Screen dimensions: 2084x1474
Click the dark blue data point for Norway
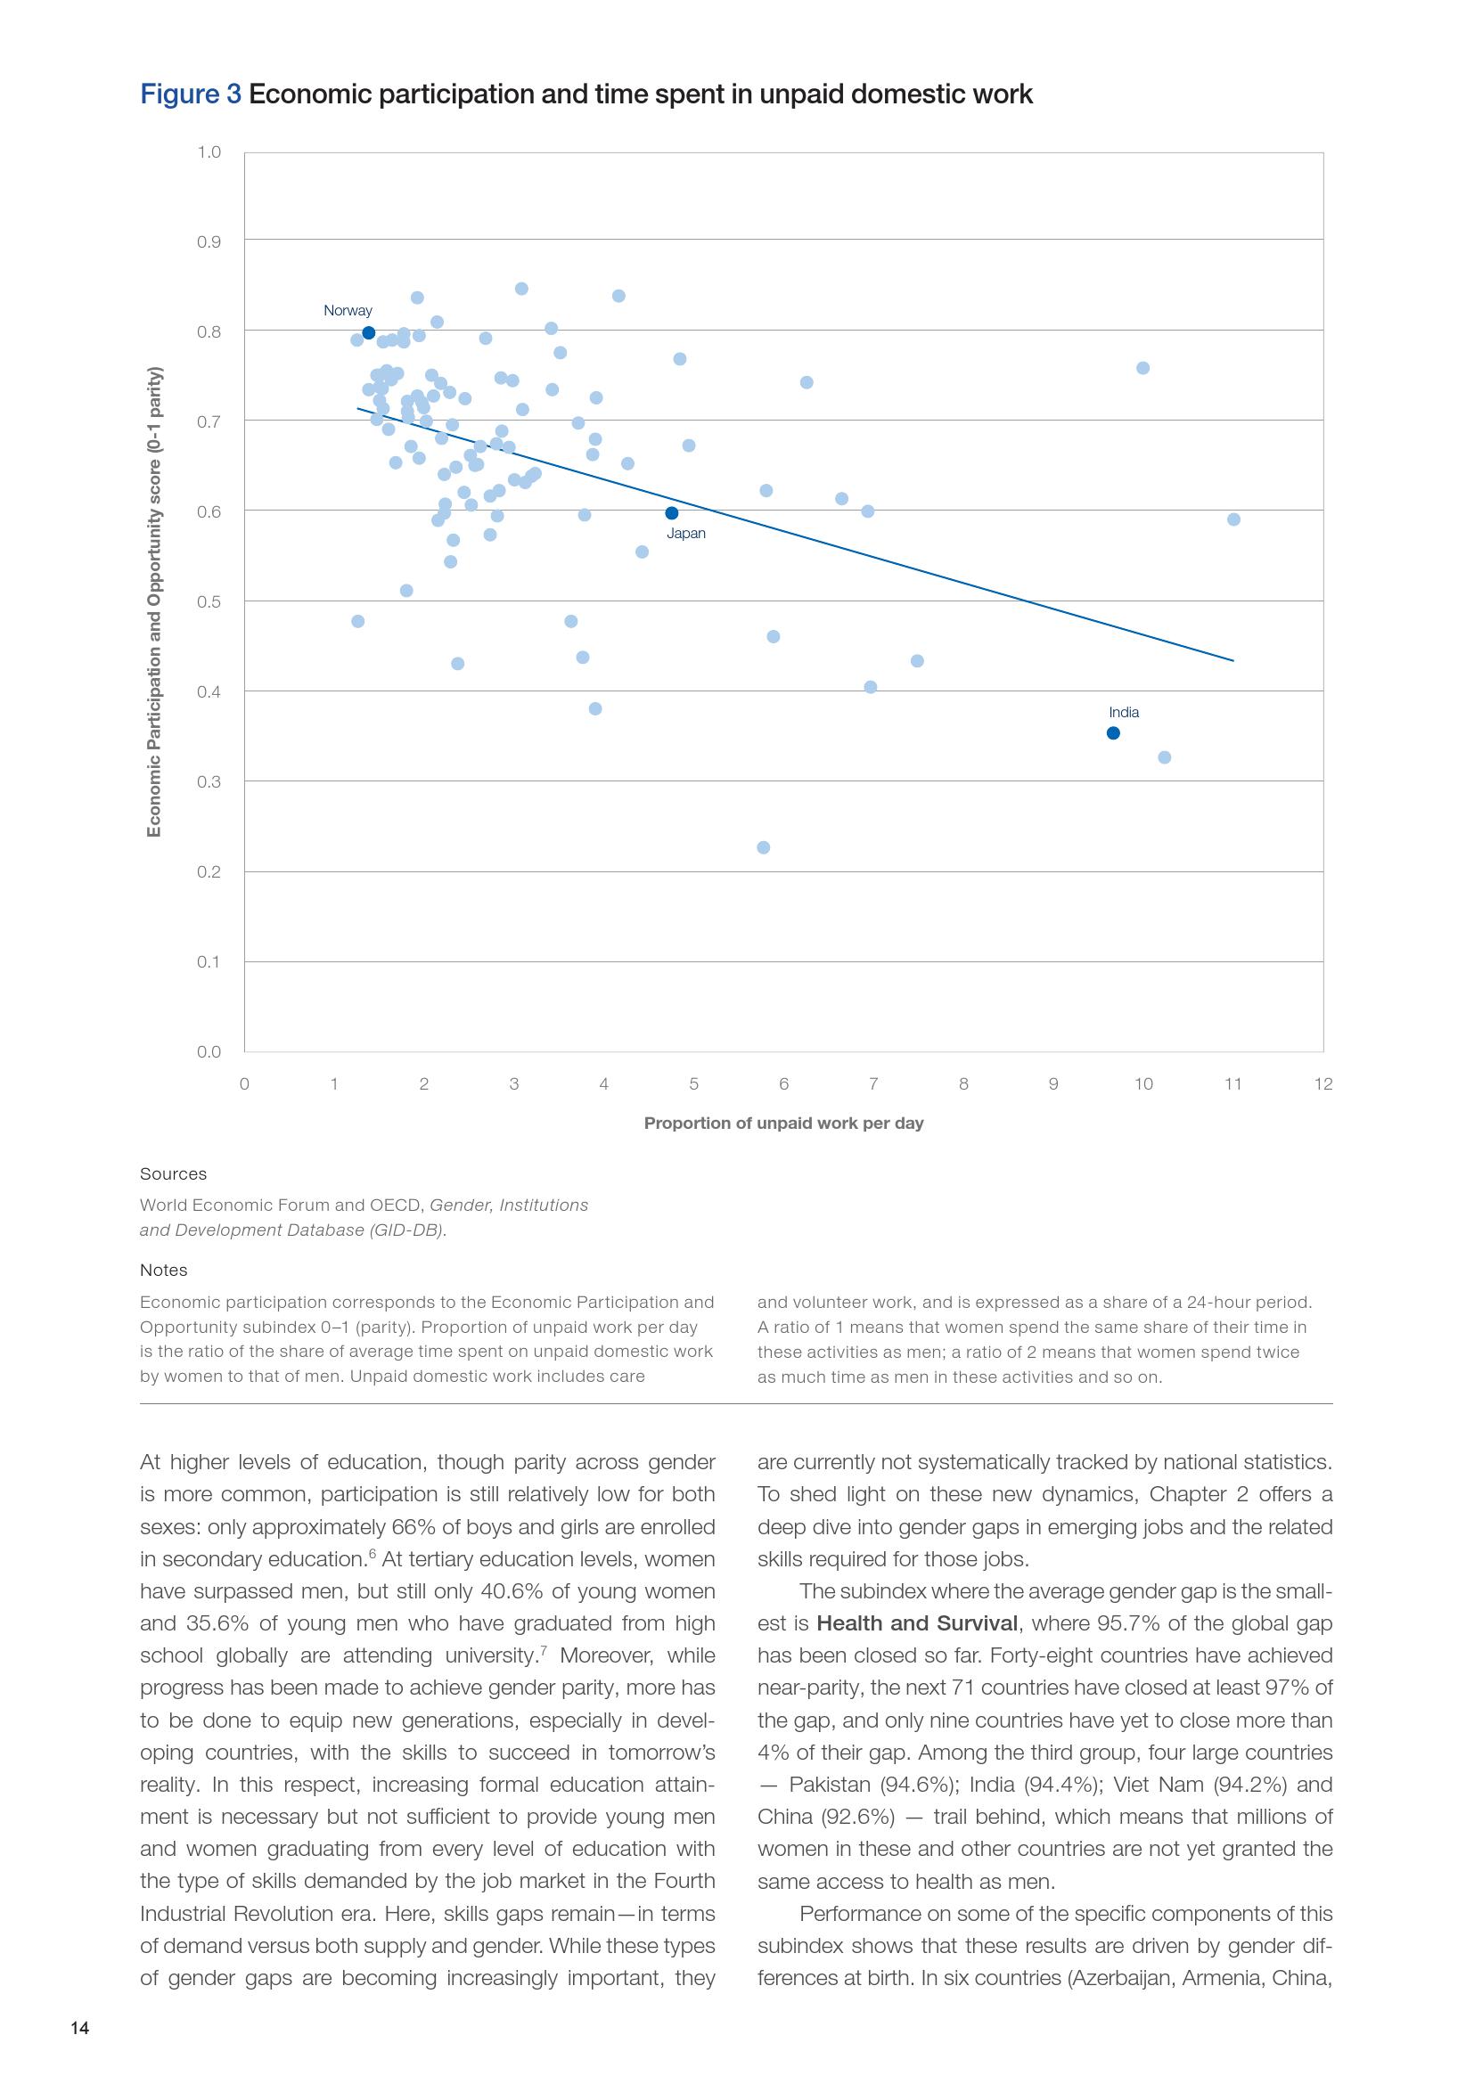coord(369,333)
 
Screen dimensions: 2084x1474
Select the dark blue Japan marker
coord(672,513)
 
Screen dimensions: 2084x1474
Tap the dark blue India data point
coord(1114,733)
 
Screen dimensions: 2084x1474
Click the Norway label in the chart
coord(348,310)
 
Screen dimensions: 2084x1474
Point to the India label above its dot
coord(1124,713)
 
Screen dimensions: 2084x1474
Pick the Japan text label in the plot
coord(686,534)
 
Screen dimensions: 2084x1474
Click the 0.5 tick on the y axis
coord(209,601)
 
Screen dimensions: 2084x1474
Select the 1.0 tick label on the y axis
coord(209,151)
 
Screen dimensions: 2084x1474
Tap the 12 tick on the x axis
coord(1323,1083)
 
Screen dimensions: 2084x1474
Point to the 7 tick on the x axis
coord(873,1083)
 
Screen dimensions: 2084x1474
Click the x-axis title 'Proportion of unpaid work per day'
coord(783,1123)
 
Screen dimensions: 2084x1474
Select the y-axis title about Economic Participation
coord(154,601)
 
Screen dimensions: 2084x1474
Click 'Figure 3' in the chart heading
coord(191,94)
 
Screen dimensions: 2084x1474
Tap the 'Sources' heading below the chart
coord(174,1173)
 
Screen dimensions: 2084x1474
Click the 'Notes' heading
coord(163,1270)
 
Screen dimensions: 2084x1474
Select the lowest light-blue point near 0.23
coord(764,847)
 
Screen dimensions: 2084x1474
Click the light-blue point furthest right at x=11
coord(1233,519)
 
